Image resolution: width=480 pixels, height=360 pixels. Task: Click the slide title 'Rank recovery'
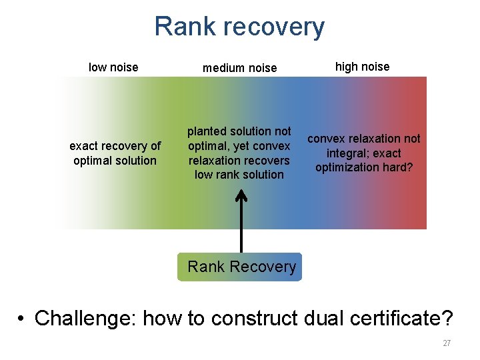click(239, 27)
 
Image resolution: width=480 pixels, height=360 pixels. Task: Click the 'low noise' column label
click(113, 67)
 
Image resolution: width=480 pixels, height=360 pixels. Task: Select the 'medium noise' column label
click(239, 67)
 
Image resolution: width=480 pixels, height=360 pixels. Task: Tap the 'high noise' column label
click(362, 66)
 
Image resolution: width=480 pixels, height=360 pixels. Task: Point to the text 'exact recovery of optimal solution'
click(115, 153)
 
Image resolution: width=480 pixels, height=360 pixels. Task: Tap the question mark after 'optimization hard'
click(409, 167)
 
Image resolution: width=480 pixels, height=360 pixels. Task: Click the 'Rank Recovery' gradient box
click(240, 267)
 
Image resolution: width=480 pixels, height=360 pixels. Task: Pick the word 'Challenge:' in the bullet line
click(86, 318)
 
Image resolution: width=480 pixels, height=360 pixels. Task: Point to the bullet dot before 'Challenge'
click(22, 319)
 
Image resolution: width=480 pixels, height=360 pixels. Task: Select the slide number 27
click(447, 343)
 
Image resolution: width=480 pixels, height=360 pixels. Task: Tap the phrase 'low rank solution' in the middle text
click(239, 175)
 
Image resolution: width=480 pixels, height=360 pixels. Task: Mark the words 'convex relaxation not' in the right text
click(363, 139)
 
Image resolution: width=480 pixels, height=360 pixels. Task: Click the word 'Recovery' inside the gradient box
click(262, 267)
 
